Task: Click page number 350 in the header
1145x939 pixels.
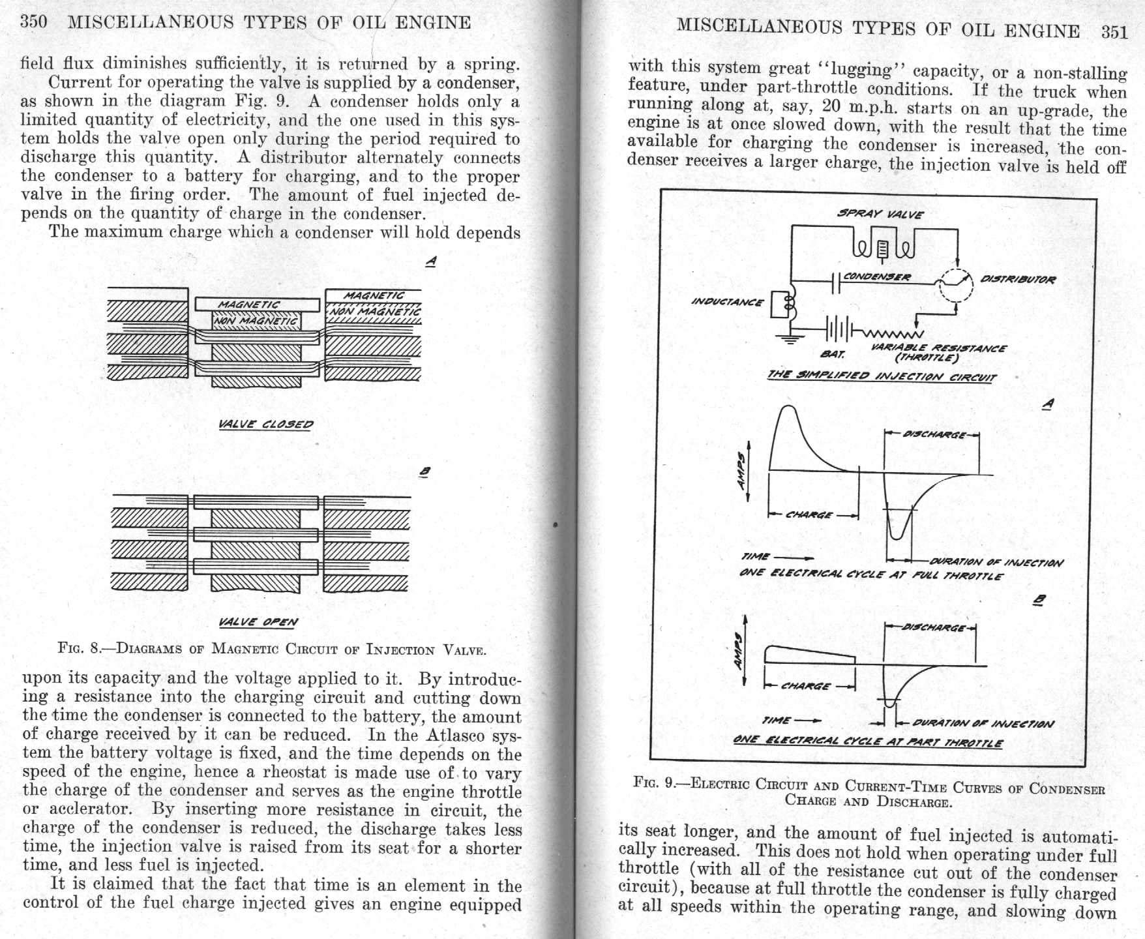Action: [34, 22]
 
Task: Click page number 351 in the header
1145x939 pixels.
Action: [1114, 31]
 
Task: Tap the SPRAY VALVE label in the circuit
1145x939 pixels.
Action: [880, 213]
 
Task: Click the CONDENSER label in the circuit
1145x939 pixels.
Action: [877, 276]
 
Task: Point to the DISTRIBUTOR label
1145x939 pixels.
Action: [1018, 279]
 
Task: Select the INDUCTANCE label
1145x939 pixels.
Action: [726, 301]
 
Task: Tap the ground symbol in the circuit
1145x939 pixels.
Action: [791, 338]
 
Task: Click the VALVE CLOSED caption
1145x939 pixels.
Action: [265, 424]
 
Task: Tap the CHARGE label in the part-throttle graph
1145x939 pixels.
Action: [807, 686]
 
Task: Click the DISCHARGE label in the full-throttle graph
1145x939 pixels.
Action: [932, 434]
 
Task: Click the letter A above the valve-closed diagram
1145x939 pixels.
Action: [431, 261]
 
